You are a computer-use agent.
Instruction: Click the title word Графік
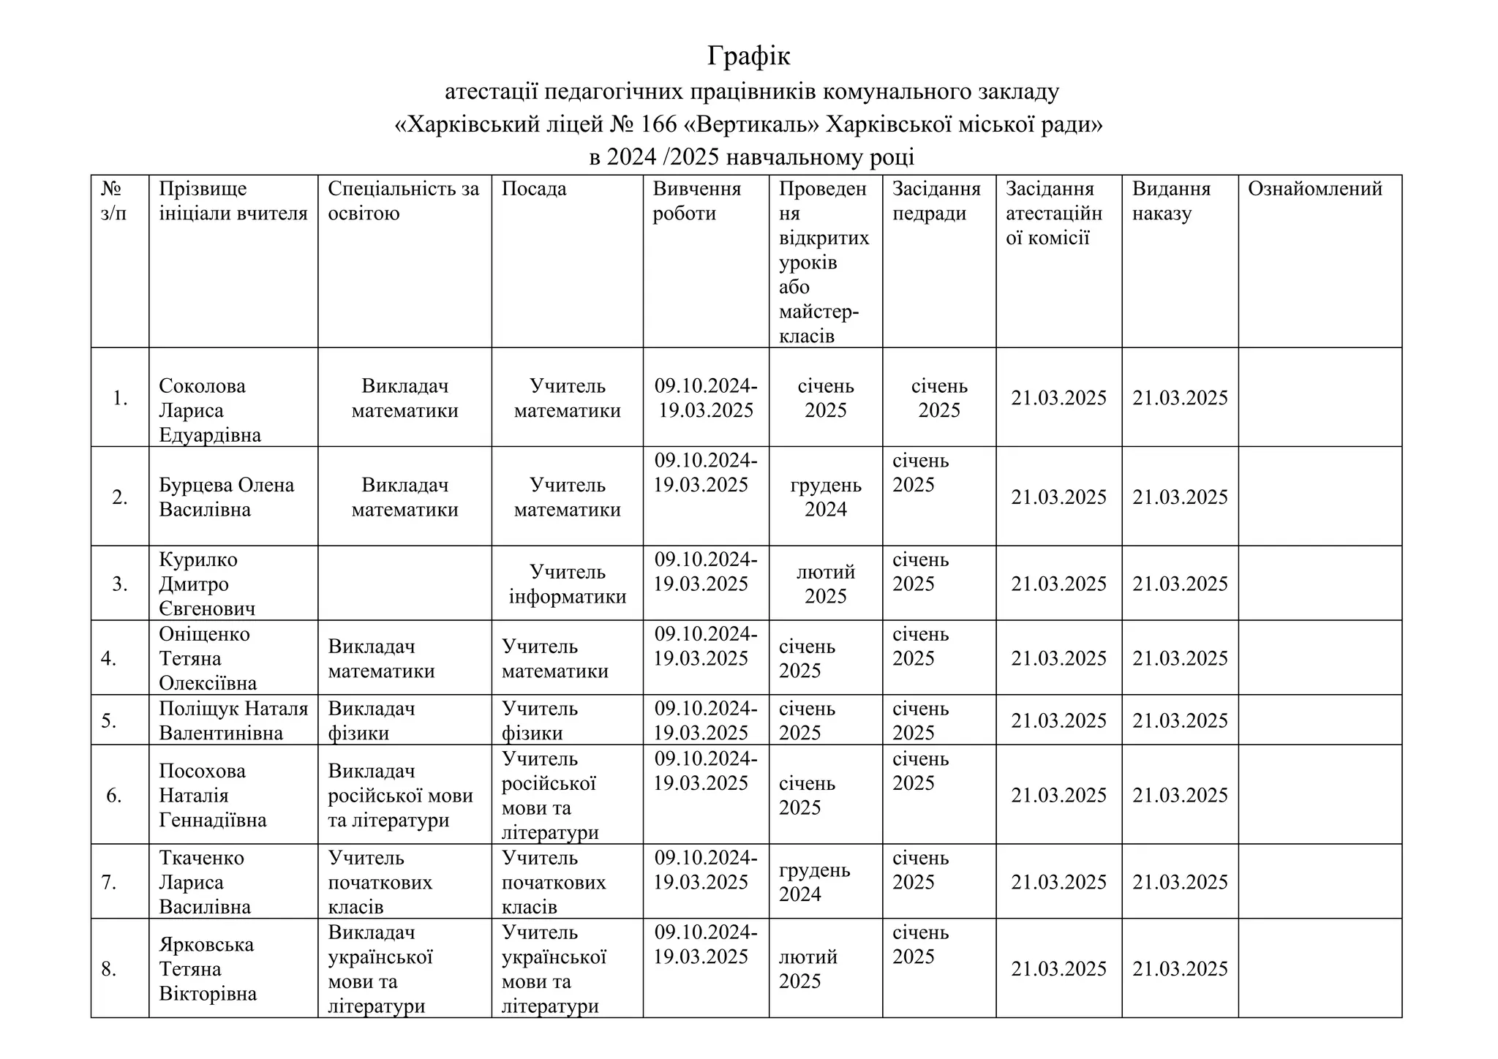[x=748, y=56]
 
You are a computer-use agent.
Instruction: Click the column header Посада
[x=534, y=189]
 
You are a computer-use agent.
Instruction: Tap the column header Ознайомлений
[x=1314, y=189]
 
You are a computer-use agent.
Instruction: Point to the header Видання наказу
[x=1171, y=201]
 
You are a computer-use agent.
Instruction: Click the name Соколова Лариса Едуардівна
[x=209, y=410]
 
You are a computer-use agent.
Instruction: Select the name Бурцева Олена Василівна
[x=226, y=497]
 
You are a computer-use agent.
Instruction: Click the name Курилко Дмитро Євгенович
[x=207, y=584]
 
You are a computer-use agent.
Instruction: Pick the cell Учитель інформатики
[x=567, y=584]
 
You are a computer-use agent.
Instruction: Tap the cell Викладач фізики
[x=371, y=720]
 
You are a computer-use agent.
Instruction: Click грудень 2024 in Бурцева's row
[x=825, y=497]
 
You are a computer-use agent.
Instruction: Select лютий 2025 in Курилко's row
[x=825, y=584]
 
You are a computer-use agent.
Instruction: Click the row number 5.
[x=109, y=721]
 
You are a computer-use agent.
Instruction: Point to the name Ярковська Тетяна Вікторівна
[x=208, y=969]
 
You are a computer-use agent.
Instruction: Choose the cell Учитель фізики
[x=539, y=720]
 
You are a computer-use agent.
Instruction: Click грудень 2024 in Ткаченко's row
[x=813, y=882]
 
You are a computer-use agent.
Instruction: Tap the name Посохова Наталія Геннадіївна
[x=212, y=795]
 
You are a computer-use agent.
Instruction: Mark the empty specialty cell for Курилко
[x=404, y=584]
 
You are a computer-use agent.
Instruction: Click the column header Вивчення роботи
[x=696, y=201]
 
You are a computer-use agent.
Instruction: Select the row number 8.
[x=109, y=970]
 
